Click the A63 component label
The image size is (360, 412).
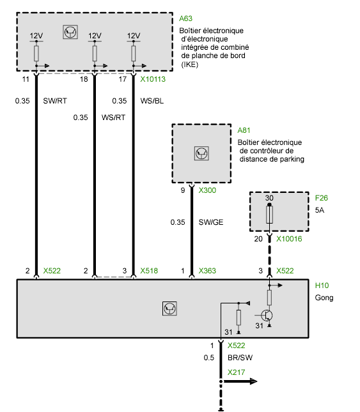coord(185,19)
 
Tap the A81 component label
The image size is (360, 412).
coord(244,130)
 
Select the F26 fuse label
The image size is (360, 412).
coord(322,198)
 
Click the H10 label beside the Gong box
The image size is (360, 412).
coord(322,286)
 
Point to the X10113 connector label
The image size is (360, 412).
coord(153,79)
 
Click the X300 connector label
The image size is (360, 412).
coord(207,190)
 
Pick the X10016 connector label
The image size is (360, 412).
coord(289,239)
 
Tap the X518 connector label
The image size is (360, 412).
coord(149,271)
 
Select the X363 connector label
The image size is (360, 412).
coord(207,271)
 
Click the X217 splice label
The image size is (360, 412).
coord(236,372)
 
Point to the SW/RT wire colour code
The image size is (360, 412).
coord(55,101)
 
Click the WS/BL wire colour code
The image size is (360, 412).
coord(152,101)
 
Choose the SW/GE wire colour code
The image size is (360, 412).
coord(211,222)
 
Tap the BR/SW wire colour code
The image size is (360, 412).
coord(240,358)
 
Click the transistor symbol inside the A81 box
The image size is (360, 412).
coord(201,153)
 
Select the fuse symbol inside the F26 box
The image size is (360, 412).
coord(269,215)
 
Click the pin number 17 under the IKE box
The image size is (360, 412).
coord(123,79)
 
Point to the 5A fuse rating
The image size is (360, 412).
coord(320,210)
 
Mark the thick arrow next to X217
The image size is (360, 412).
coord(240,381)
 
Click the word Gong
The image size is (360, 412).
coord(324,298)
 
